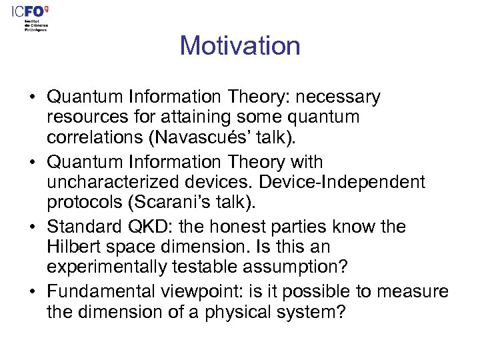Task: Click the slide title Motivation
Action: [240, 46]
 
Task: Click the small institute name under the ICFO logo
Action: [36, 25]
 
